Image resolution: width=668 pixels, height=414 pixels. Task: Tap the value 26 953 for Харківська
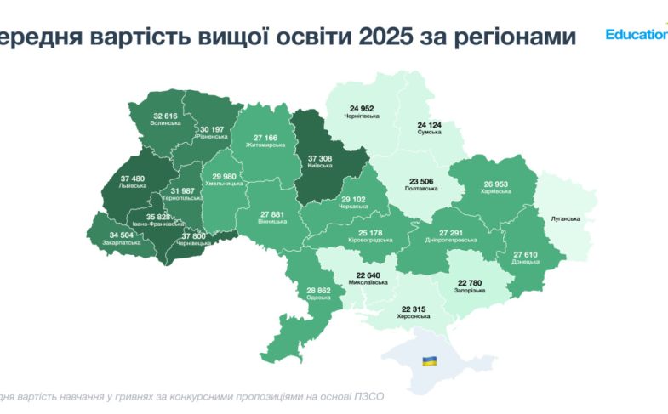coord(495,183)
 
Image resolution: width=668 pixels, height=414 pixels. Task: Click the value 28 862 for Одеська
coord(321,291)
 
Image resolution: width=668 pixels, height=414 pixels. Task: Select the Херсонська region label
coord(413,316)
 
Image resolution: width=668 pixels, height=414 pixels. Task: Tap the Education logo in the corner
coord(636,35)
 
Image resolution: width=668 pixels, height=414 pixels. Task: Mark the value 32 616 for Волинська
coord(166,115)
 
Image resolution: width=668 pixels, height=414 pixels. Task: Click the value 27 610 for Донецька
coord(527,254)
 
